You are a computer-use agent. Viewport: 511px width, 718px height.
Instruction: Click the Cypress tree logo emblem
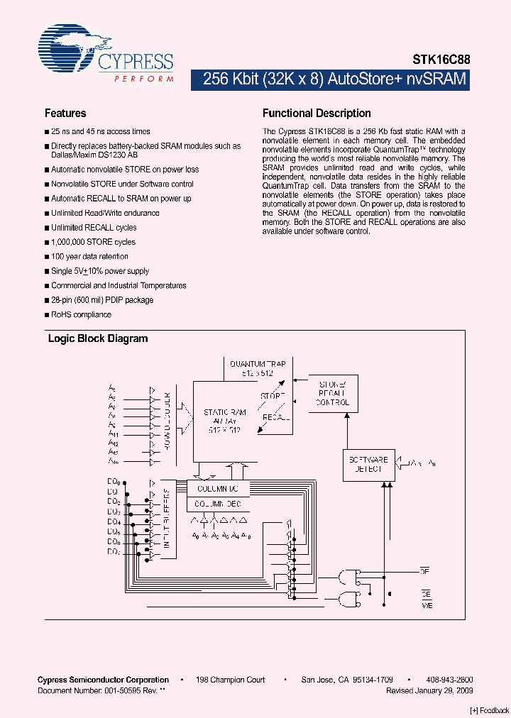[68, 50]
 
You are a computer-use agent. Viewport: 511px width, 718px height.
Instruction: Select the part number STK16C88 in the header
[441, 61]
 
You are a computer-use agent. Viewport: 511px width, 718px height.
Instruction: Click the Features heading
[65, 114]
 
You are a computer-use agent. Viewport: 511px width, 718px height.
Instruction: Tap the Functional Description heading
[317, 114]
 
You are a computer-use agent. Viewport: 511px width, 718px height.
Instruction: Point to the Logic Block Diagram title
[98, 338]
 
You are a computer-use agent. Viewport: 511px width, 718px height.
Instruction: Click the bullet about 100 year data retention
[90, 257]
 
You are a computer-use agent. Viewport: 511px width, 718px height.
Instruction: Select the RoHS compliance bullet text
[81, 314]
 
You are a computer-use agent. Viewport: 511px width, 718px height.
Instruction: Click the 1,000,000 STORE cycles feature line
[93, 242]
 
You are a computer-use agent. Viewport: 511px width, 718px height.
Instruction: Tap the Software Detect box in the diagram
[368, 464]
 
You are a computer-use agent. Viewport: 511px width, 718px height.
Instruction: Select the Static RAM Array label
[224, 421]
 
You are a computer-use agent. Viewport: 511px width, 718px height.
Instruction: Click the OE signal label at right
[425, 570]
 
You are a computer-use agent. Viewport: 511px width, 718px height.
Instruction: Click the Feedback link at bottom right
[490, 710]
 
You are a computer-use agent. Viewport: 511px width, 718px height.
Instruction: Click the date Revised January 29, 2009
[429, 690]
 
